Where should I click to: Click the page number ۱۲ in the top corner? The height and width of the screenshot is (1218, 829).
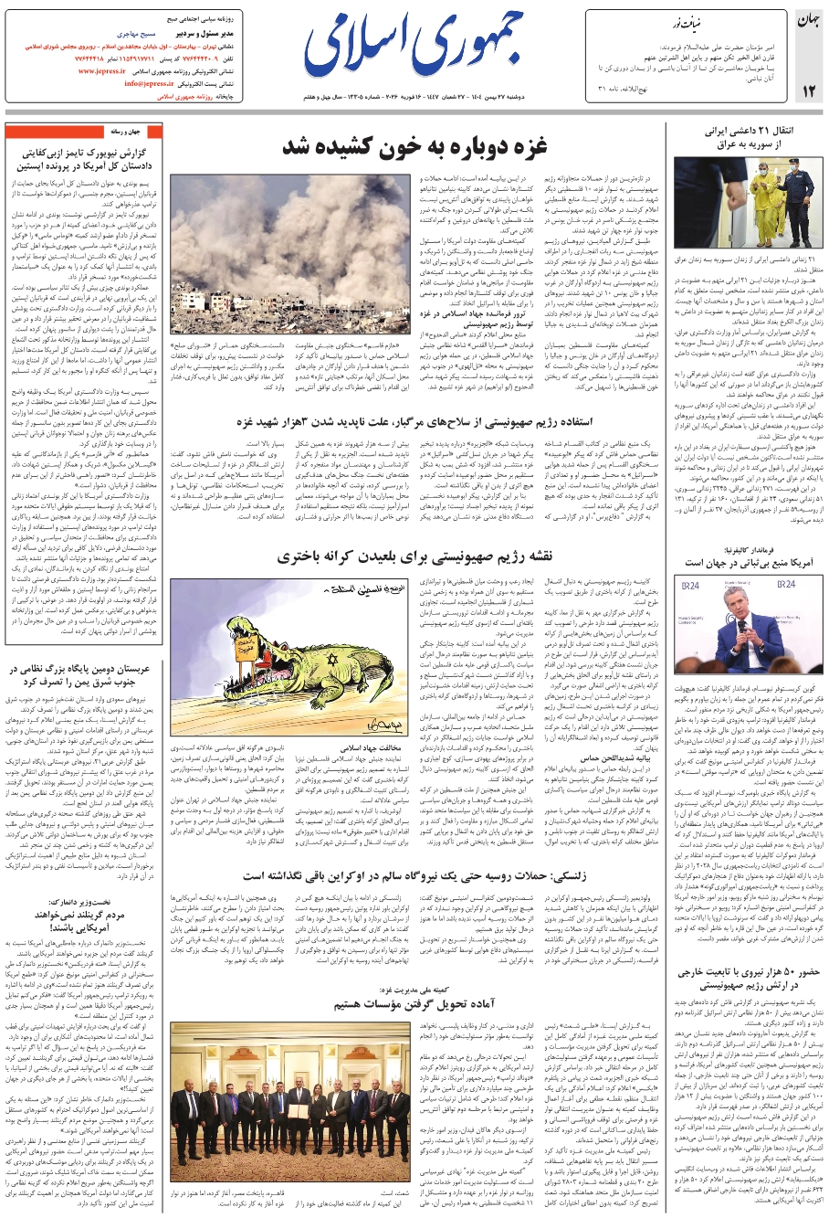click(810, 89)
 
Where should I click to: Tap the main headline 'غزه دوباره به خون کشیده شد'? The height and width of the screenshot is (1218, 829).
click(414, 145)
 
